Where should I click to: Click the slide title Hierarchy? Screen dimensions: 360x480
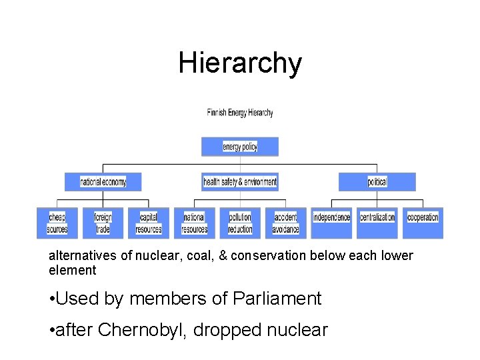pyautogui.click(x=240, y=63)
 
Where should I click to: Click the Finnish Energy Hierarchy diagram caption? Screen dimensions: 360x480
pyautogui.click(x=240, y=113)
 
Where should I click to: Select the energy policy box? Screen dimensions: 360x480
pyautogui.click(x=240, y=147)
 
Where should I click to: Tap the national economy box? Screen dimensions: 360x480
pyautogui.click(x=103, y=182)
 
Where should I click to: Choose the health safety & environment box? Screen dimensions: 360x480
pyautogui.click(x=240, y=182)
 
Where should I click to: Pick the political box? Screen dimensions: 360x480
pyautogui.click(x=377, y=182)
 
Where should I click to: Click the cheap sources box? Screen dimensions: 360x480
pyautogui.click(x=57, y=223)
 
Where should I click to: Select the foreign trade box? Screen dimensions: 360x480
pyautogui.click(x=103, y=223)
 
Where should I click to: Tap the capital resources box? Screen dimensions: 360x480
pyautogui.click(x=149, y=223)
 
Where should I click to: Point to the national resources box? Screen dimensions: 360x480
pyautogui.click(x=195, y=223)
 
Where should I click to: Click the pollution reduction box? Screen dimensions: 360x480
pyautogui.click(x=240, y=223)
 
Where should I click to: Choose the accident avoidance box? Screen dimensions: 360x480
pyautogui.click(x=286, y=223)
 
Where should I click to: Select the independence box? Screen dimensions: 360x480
pyautogui.click(x=331, y=223)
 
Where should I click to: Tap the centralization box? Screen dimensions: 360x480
pyautogui.click(x=377, y=223)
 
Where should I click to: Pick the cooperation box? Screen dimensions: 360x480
pyautogui.click(x=423, y=223)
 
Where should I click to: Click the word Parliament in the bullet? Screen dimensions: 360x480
pyautogui.click(x=277, y=299)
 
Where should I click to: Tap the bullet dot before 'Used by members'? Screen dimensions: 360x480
pyautogui.click(x=52, y=299)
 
